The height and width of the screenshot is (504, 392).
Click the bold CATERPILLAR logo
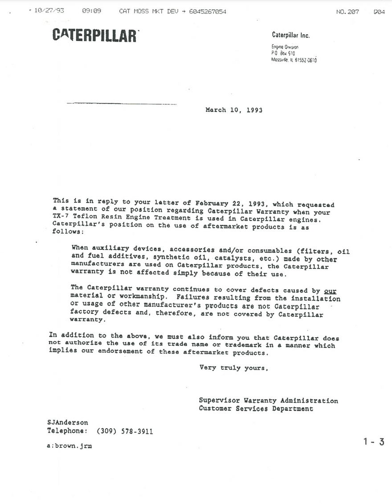coord(95,35)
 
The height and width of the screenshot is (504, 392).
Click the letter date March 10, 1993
coord(234,110)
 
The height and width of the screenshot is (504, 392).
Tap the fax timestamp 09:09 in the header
coord(91,11)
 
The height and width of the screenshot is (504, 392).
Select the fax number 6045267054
coord(208,11)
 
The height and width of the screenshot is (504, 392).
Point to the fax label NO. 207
coord(347,12)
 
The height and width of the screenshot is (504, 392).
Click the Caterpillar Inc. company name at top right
coord(290,35)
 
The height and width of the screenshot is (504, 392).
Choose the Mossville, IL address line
coord(294,60)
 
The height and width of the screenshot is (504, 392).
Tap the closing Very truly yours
coord(233,368)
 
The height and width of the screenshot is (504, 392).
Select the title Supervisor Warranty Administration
coord(268,401)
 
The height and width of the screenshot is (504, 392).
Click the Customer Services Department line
coord(256,409)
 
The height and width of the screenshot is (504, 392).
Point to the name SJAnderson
coord(68,422)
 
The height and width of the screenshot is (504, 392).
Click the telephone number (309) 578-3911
coord(125,431)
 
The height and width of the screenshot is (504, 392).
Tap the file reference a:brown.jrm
coord(69,446)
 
